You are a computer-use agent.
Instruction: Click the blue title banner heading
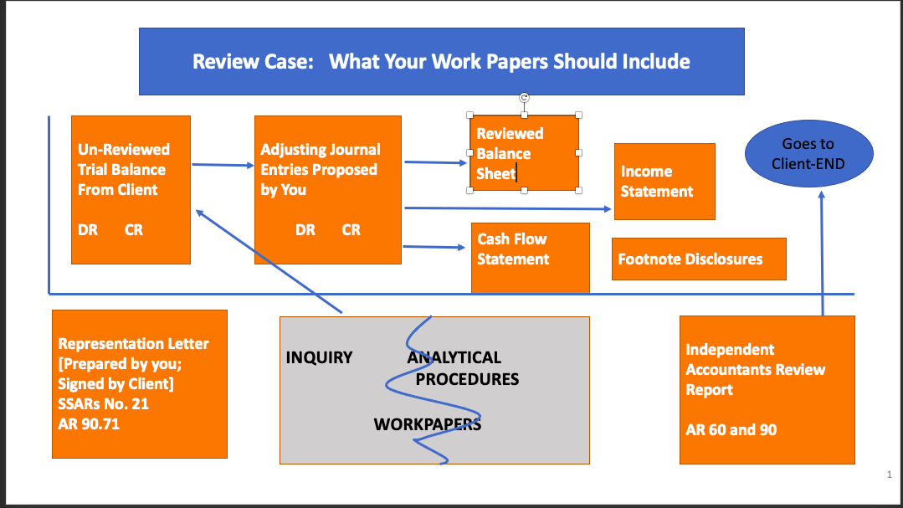[x=441, y=61]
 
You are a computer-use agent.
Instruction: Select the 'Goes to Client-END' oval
[x=808, y=154]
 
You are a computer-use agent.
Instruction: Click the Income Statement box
[x=664, y=182]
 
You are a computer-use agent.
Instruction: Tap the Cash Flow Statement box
[x=530, y=258]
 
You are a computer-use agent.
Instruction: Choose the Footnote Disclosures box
[x=699, y=259]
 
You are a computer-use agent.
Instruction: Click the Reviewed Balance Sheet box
[x=524, y=153]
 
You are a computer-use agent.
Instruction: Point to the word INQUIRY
[x=319, y=357]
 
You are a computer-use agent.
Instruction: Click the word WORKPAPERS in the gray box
[x=427, y=424]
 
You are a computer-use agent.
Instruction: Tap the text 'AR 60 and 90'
[x=731, y=430]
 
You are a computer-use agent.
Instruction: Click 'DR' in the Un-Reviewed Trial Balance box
[x=88, y=229]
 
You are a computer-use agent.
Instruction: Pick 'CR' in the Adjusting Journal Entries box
[x=351, y=229]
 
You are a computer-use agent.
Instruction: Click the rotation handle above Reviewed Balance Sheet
[x=524, y=98]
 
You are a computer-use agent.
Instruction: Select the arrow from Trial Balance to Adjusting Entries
[x=222, y=165]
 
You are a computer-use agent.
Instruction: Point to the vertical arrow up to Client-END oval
[x=822, y=251]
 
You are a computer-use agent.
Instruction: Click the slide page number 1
[x=889, y=475]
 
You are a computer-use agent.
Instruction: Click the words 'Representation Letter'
[x=133, y=343]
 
